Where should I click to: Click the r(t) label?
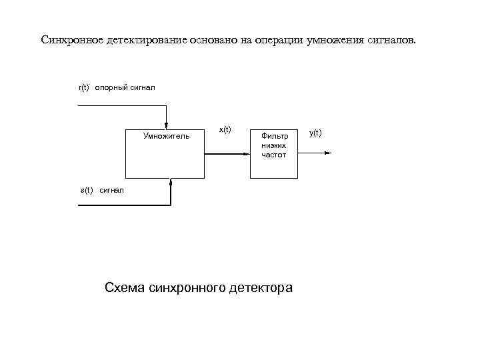(84, 87)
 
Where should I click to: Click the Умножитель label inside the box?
(166, 136)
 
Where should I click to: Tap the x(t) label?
(225, 129)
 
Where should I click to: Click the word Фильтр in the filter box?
(274, 135)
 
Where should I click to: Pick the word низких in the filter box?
(274, 145)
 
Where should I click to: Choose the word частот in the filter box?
(274, 154)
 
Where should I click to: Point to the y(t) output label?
(315, 133)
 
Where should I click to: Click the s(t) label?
(87, 190)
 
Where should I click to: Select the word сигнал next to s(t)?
(112, 190)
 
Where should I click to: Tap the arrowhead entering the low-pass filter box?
(246, 154)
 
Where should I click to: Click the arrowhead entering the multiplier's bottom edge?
(171, 182)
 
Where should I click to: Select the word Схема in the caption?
(125, 288)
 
